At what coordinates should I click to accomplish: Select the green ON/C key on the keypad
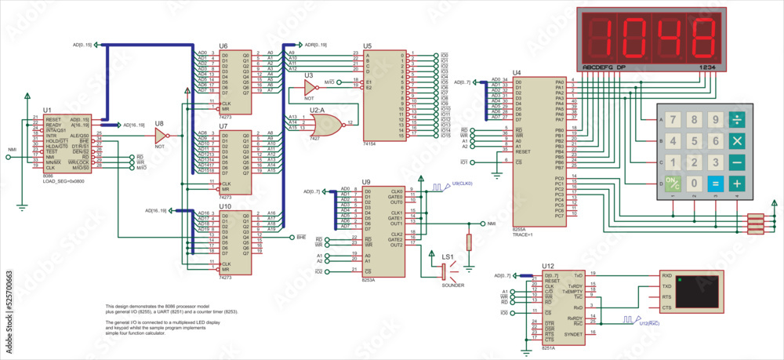(672, 184)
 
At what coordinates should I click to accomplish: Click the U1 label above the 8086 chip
(47, 110)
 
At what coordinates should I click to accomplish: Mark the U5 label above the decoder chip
(368, 45)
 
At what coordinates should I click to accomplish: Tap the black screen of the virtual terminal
(699, 291)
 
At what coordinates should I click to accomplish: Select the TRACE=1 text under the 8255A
(523, 234)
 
